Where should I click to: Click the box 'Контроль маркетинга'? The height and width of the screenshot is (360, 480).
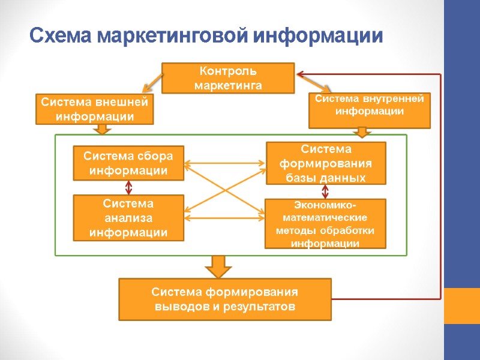[x=228, y=79]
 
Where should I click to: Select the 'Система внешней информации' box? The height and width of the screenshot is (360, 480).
[x=95, y=109]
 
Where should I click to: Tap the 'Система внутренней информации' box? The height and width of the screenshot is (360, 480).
[x=369, y=110]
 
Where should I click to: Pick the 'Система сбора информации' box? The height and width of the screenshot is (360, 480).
[x=128, y=163]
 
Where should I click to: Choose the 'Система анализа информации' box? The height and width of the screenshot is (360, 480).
[x=128, y=218]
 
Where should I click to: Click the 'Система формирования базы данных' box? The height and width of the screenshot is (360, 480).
[x=326, y=163]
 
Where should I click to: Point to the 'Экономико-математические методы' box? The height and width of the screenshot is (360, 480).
[x=325, y=224]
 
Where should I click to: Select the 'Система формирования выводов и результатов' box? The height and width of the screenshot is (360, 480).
[x=225, y=299]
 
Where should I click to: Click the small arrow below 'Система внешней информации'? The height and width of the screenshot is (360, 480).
[x=103, y=129]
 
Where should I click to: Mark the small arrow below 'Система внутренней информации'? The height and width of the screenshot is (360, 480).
[x=363, y=132]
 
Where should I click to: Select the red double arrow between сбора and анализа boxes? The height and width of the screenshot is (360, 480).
[x=128, y=187]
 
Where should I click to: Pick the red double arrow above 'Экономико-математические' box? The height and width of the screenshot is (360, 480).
[x=326, y=191]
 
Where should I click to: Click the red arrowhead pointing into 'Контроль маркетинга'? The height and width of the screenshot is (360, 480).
[x=301, y=74]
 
